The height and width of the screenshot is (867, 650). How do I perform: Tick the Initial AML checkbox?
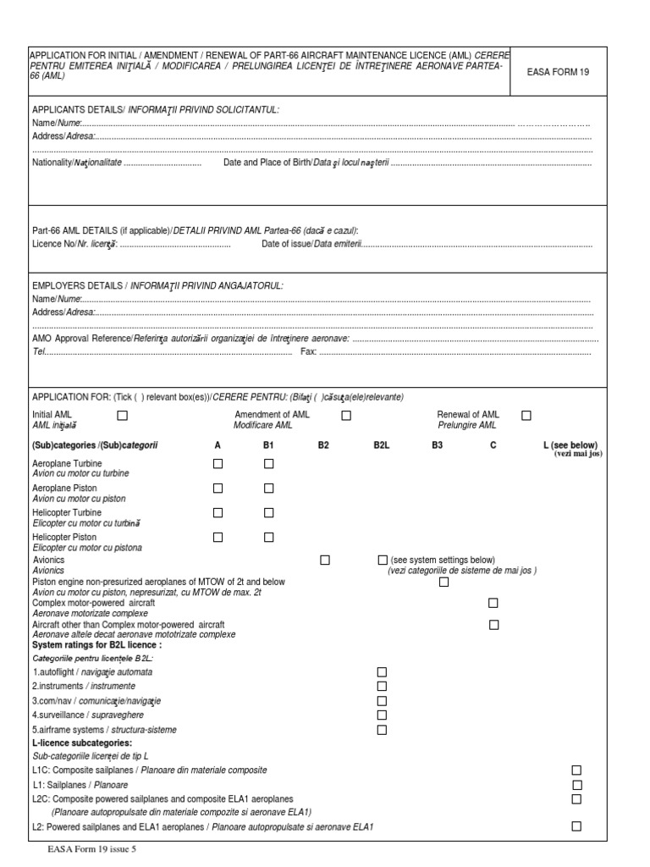pos(123,415)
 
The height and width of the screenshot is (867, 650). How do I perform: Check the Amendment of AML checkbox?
pos(346,415)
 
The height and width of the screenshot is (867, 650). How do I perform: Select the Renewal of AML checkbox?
pos(526,415)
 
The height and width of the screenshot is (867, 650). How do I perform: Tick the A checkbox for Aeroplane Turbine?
pos(218,463)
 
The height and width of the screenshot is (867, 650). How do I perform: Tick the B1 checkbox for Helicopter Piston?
pos(269,537)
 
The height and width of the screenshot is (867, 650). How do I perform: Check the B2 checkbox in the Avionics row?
pos(325,561)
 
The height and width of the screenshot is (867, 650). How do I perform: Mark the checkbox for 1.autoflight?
pos(382,671)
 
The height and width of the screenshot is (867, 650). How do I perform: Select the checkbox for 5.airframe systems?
pos(382,729)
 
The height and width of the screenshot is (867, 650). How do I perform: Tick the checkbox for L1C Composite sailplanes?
pos(576,770)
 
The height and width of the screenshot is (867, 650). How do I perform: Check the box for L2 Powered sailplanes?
pos(576,826)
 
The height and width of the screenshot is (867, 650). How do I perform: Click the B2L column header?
pos(381,445)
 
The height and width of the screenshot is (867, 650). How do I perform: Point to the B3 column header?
pos(437,445)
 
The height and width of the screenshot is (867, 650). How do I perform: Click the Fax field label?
pos(309,351)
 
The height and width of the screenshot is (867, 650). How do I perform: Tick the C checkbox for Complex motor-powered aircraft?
pos(493,603)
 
